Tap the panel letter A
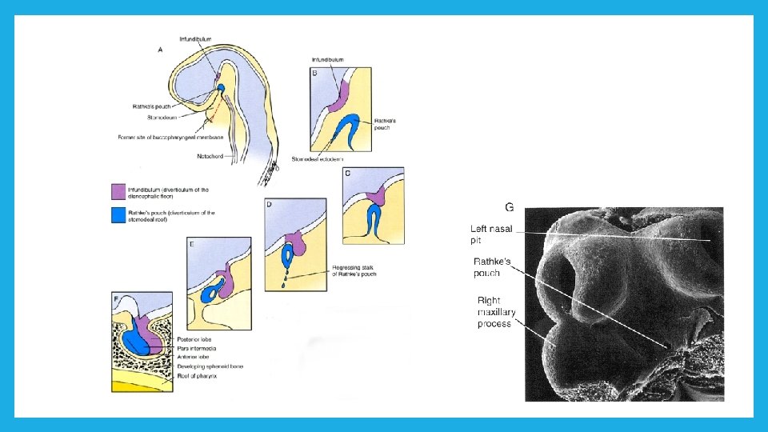pos(161,50)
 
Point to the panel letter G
pos(509,207)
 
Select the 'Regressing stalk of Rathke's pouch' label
pos(353,270)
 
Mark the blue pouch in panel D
pos(287,256)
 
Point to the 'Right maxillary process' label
pos(494,312)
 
